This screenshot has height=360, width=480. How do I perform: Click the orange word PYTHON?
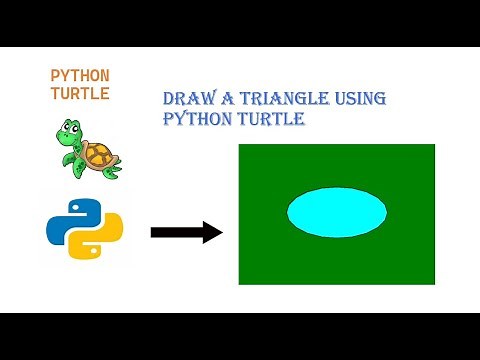[x=80, y=75]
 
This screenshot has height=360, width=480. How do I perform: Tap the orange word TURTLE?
[x=80, y=93]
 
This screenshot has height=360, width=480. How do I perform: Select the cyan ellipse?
[x=337, y=212]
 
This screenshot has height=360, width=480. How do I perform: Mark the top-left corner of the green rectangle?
[x=239, y=145]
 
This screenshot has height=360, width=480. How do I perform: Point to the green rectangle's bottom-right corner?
[x=435, y=283]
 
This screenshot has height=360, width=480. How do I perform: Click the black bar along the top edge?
[x=240, y=22]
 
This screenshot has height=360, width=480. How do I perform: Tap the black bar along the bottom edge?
[x=240, y=337]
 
